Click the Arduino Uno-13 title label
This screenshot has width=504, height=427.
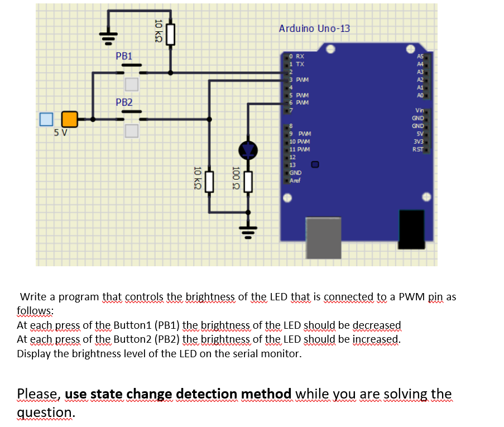tap(314, 28)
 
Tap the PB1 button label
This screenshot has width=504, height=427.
tap(124, 56)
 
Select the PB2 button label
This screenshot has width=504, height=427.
tap(124, 102)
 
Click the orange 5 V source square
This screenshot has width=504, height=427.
tap(70, 119)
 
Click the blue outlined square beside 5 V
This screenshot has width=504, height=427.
tap(46, 119)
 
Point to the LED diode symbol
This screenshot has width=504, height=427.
tap(248, 150)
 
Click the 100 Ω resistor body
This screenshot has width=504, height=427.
tap(248, 181)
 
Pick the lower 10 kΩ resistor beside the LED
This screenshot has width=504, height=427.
tap(209, 181)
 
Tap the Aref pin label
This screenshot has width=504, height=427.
tap(295, 180)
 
